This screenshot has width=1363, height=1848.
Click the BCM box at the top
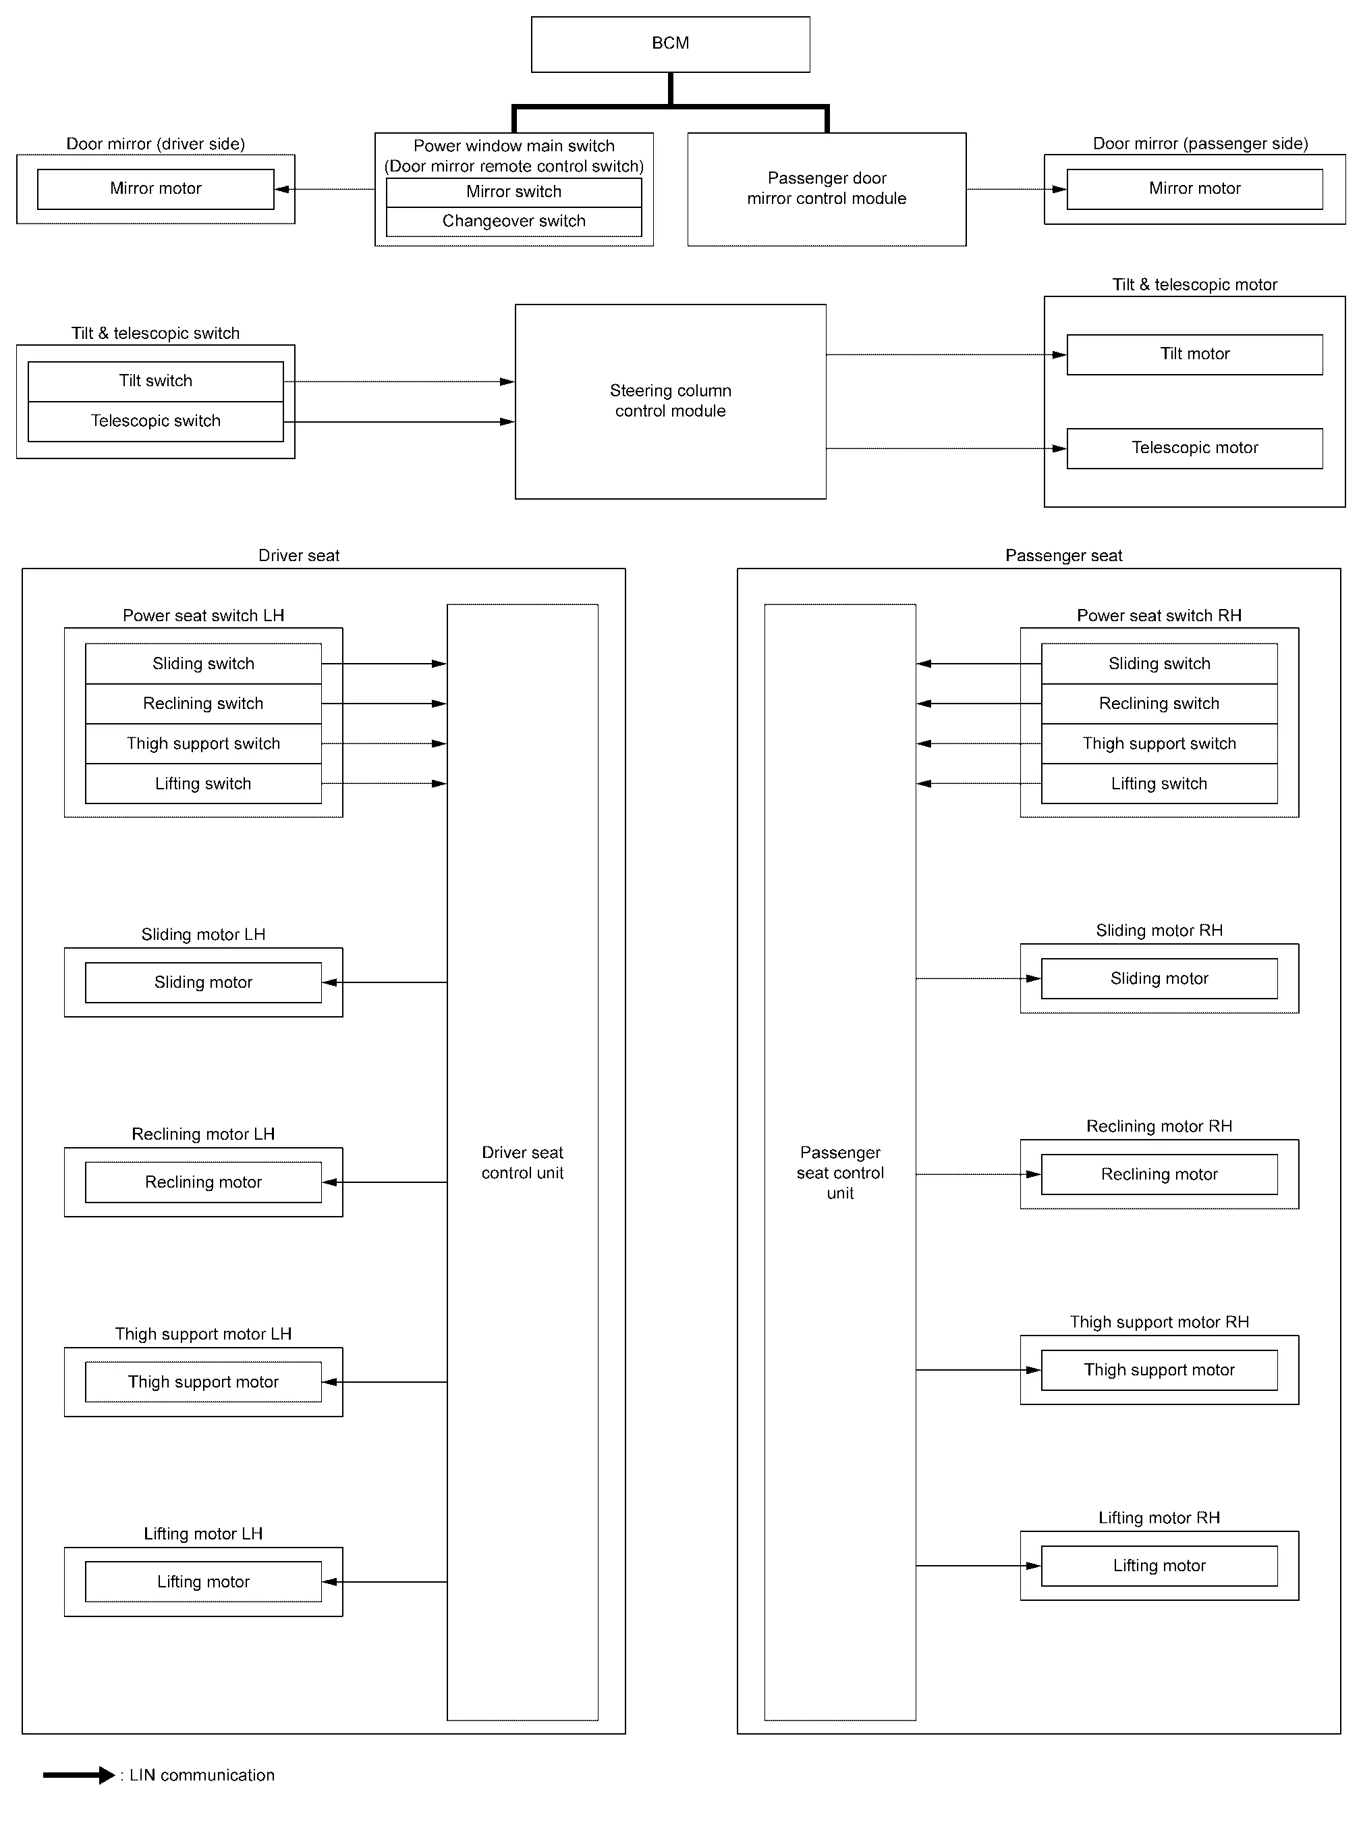tap(670, 45)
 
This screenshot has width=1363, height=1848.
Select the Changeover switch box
tap(514, 221)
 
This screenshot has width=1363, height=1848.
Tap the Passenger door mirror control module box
tap(827, 189)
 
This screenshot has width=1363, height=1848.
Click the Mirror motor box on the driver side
tap(156, 189)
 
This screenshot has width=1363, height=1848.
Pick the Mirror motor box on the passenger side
tap(1195, 189)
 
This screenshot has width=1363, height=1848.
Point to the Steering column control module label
tap(671, 400)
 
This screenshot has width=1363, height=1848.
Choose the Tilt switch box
tap(156, 381)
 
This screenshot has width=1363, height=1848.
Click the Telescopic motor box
tap(1195, 448)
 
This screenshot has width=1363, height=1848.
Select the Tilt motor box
tap(1195, 354)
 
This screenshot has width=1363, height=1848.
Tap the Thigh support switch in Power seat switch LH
tap(204, 743)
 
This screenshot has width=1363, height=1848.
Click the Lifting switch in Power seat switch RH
tap(1159, 783)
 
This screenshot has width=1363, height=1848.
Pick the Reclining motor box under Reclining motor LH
tap(204, 1182)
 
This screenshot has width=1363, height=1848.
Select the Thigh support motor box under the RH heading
tap(1159, 1370)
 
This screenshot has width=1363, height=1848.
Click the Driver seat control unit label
tap(522, 1162)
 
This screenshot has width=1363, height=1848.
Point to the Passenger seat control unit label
tap(840, 1172)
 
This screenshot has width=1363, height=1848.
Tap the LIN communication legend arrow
tap(79, 1774)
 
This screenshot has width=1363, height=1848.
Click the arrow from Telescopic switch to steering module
tap(399, 422)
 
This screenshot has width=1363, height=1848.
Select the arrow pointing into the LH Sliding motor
tap(385, 982)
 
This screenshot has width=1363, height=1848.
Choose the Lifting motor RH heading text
tap(1159, 1518)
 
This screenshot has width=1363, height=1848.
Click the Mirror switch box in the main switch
tap(514, 192)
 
